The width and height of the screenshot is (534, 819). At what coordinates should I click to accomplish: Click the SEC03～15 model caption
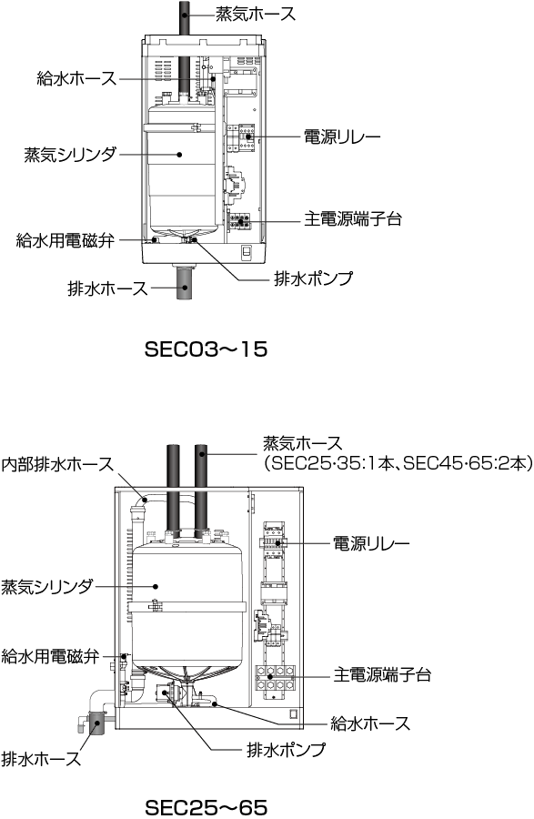coord(206,349)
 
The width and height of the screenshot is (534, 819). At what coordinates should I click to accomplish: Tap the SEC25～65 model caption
coord(206,807)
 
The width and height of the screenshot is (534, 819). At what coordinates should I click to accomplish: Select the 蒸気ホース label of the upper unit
coord(256,14)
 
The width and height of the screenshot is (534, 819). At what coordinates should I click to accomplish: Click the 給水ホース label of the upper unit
coord(76,78)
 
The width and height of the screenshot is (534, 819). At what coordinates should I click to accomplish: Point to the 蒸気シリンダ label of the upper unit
coord(70,155)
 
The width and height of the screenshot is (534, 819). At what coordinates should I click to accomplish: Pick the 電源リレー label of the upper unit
coord(342,137)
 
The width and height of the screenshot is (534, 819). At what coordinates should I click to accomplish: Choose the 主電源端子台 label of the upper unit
coord(353,218)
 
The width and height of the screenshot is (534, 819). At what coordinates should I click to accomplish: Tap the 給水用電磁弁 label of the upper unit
coord(65,241)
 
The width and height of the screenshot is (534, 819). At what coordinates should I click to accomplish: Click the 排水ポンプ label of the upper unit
coord(314,278)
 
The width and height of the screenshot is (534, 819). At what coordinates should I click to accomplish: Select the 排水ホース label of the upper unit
coord(108,288)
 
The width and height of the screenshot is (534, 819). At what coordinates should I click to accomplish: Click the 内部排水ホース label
coord(57,464)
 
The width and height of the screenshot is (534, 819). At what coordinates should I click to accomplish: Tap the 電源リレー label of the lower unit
coord(372,543)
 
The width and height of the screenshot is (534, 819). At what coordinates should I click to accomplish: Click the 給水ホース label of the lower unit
coord(370,723)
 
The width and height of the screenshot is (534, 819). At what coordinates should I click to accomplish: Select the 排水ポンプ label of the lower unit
coord(286,750)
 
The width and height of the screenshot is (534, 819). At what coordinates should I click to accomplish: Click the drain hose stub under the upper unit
coord(186,283)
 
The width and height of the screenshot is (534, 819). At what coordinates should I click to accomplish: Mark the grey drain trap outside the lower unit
coord(96,723)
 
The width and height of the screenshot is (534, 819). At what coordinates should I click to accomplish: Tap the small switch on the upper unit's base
coord(246,252)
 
